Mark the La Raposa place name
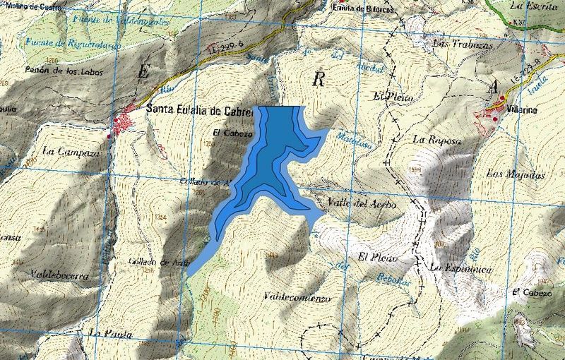pyautogui.click(x=438, y=139)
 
